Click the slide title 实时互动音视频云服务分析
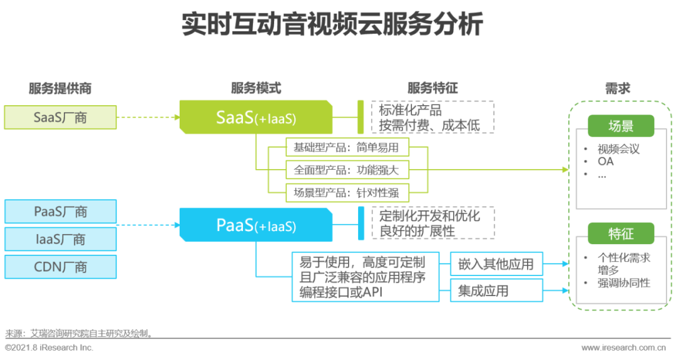point(332,24)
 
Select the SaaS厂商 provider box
point(60,117)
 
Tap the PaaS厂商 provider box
point(60,211)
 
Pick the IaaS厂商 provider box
point(60,239)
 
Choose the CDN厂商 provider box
point(60,267)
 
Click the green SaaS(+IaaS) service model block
point(255,117)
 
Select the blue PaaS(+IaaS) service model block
point(255,225)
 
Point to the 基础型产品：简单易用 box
point(347,148)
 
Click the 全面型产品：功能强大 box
point(347,170)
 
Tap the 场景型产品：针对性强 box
point(347,192)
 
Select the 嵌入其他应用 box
point(496,264)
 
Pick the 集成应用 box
point(496,291)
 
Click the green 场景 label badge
point(621,126)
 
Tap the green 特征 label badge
point(621,234)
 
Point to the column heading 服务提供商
point(60,88)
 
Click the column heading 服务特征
point(433,88)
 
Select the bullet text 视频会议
point(618,149)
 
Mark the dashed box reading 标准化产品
point(433,117)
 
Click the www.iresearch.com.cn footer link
point(624,347)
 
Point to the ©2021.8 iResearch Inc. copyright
point(49,347)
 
